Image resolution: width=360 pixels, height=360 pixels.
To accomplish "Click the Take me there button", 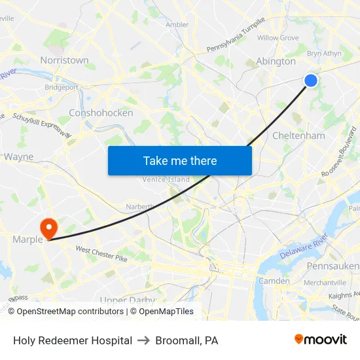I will tap(180, 160).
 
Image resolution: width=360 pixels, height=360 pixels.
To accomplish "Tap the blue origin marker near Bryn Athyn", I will tap(311, 81).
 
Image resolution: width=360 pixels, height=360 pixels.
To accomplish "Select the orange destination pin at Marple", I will tap(48, 228).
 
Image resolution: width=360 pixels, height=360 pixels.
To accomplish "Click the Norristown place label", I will tap(64, 60).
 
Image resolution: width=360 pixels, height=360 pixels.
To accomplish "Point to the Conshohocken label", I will tap(101, 113).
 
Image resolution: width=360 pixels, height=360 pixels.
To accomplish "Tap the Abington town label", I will tap(276, 61).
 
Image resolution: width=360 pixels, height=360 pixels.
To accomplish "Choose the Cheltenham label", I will tap(298, 135).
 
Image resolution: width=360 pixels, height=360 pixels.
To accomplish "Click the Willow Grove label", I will tap(278, 38).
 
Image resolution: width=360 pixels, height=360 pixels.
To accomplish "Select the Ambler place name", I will tap(177, 25).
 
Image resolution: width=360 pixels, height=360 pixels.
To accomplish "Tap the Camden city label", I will tap(276, 281).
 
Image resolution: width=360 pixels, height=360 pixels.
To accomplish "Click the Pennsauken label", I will tap(333, 266).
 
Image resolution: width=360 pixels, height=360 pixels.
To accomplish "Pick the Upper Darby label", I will tap(128, 300).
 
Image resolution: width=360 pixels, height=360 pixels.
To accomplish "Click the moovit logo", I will tap(320, 339).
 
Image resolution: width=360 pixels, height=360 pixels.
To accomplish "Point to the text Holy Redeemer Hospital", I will tap(73, 340).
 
